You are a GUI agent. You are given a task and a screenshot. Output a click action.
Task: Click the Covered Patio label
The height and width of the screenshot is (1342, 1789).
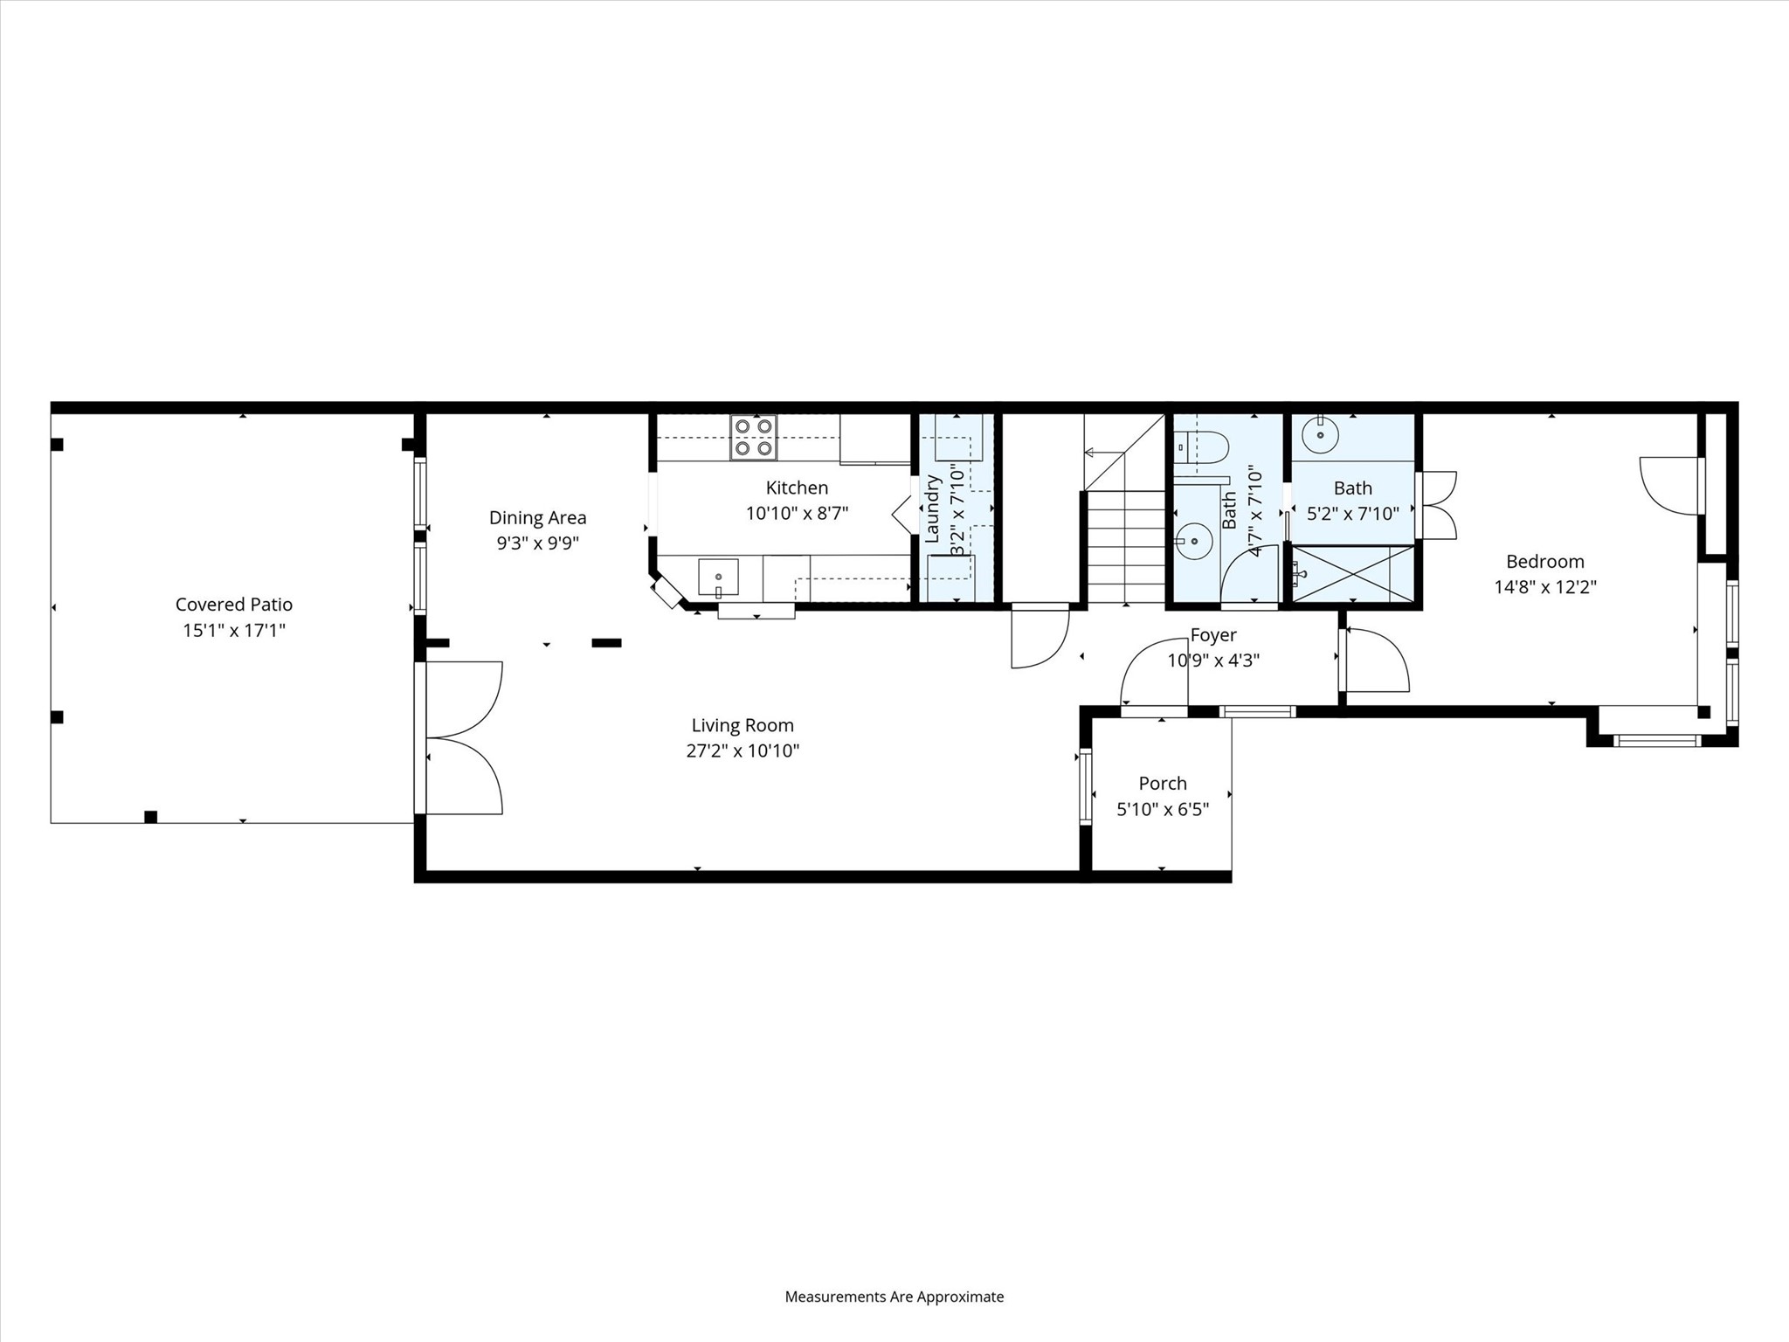(x=234, y=605)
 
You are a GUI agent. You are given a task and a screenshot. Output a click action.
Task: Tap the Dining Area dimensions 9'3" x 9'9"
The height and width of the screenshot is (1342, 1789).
(x=537, y=543)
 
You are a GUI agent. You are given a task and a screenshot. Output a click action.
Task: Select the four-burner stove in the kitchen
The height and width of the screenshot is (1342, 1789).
(x=754, y=438)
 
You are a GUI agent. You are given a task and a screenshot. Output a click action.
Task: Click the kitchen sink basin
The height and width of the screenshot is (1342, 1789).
(x=718, y=578)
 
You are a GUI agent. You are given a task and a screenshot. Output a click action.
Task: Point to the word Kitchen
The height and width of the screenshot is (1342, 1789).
(x=797, y=488)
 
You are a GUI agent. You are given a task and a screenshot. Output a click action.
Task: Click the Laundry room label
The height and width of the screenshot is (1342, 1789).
(x=932, y=509)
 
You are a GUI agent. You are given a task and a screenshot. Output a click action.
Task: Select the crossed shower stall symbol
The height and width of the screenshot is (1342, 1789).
(x=1352, y=574)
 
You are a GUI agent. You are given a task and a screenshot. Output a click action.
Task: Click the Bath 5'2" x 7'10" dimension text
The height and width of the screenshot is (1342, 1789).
(x=1352, y=514)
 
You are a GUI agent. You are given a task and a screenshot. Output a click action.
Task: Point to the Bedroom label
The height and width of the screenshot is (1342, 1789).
(x=1544, y=562)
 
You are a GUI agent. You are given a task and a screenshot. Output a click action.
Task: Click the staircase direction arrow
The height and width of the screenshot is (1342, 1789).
(x=1091, y=453)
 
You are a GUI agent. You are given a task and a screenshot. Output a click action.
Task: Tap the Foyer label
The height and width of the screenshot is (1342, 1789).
(x=1213, y=635)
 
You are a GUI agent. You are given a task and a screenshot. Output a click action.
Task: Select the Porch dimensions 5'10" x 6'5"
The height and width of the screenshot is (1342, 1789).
(x=1163, y=809)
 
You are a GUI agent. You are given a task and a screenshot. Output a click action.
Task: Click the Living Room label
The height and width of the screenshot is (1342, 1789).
(x=743, y=725)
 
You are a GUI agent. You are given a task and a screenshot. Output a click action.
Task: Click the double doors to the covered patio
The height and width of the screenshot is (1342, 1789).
(x=463, y=738)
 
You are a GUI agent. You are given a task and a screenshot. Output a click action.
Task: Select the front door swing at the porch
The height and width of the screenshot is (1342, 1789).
(x=1151, y=677)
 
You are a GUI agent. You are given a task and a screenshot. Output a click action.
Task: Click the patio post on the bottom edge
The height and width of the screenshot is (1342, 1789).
(x=150, y=817)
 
